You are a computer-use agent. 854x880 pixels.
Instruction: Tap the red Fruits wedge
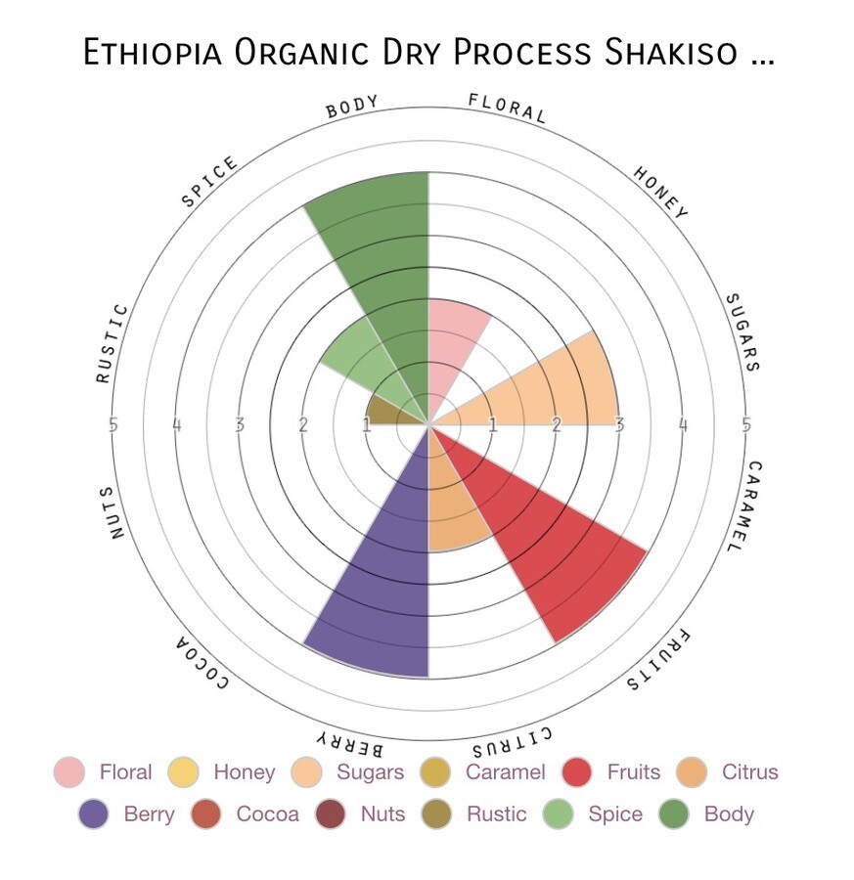pyautogui.click(x=539, y=539)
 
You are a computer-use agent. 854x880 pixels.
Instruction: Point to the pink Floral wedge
pyautogui.click(x=449, y=348)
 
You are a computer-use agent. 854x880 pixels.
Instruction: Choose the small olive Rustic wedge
pyautogui.click(x=393, y=413)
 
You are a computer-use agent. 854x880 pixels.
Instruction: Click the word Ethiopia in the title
pyautogui.click(x=153, y=52)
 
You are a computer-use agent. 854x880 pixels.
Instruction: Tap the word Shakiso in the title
pyautogui.click(x=670, y=52)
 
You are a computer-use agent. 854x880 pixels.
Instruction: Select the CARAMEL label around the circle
pyautogui.click(x=749, y=506)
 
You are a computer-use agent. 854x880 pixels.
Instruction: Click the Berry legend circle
pyautogui.click(x=93, y=814)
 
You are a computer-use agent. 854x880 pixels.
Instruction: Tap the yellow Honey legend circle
pyautogui.click(x=183, y=771)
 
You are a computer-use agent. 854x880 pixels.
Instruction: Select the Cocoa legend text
pyautogui.click(x=267, y=814)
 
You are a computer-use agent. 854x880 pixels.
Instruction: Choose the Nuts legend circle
pyautogui.click(x=330, y=814)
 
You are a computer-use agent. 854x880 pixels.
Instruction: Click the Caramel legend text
pyautogui.click(x=506, y=771)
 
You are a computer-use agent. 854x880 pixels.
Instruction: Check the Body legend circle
pyautogui.click(x=673, y=814)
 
